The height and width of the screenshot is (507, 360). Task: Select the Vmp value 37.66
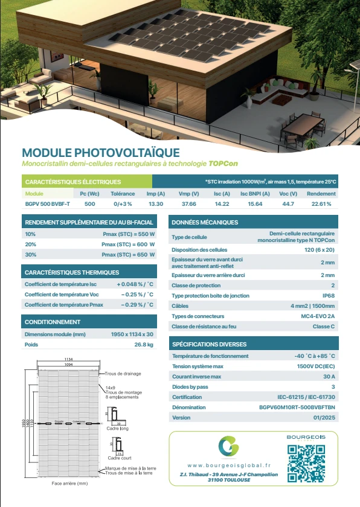coord(189,204)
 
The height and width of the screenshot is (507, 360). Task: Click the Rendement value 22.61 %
coord(321,204)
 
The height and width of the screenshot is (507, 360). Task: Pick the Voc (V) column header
coord(288,194)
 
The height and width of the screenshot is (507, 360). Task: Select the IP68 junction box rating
coord(328,296)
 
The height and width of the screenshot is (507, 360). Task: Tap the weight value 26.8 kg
coord(144,345)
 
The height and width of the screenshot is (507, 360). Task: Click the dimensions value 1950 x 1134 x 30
coord(132,334)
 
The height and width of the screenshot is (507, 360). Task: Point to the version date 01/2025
coord(325,418)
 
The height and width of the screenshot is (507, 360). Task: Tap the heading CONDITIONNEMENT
coord(53,322)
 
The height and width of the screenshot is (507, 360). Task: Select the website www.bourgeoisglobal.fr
coord(229,465)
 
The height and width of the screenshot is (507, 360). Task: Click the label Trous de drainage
coord(123,374)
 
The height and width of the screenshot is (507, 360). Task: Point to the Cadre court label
coord(119,458)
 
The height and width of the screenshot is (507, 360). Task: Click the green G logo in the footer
coord(229,447)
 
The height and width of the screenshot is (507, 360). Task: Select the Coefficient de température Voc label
coord(60,295)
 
